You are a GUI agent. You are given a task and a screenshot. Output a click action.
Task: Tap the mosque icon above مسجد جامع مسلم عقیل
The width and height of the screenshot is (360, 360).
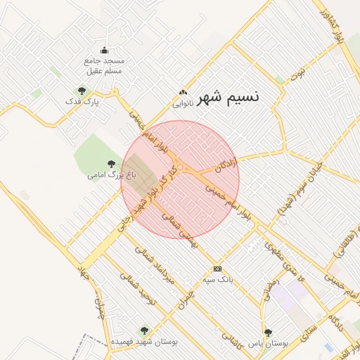[x=105, y=50]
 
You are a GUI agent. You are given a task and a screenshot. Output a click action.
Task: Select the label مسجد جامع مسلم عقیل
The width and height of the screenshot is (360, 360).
[x=104, y=66]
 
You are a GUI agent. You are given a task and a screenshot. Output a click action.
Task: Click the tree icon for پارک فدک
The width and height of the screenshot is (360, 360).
[x=82, y=91]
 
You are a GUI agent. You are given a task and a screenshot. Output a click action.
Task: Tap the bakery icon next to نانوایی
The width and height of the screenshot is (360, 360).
[x=184, y=92]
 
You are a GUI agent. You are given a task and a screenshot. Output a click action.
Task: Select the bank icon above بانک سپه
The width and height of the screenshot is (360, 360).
[x=217, y=269]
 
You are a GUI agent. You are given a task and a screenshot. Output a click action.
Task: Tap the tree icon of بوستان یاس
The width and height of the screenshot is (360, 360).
[x=267, y=332]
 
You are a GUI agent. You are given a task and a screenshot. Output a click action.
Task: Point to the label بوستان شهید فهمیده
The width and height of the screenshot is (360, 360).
[x=144, y=341]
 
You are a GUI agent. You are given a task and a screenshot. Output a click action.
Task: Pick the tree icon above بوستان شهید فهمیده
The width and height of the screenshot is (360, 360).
[x=144, y=330]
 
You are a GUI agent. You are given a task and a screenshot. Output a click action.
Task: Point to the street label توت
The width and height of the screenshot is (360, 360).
[x=301, y=72]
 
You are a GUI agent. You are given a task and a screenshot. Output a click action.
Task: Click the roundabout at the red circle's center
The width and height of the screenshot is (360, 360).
[x=181, y=167]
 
